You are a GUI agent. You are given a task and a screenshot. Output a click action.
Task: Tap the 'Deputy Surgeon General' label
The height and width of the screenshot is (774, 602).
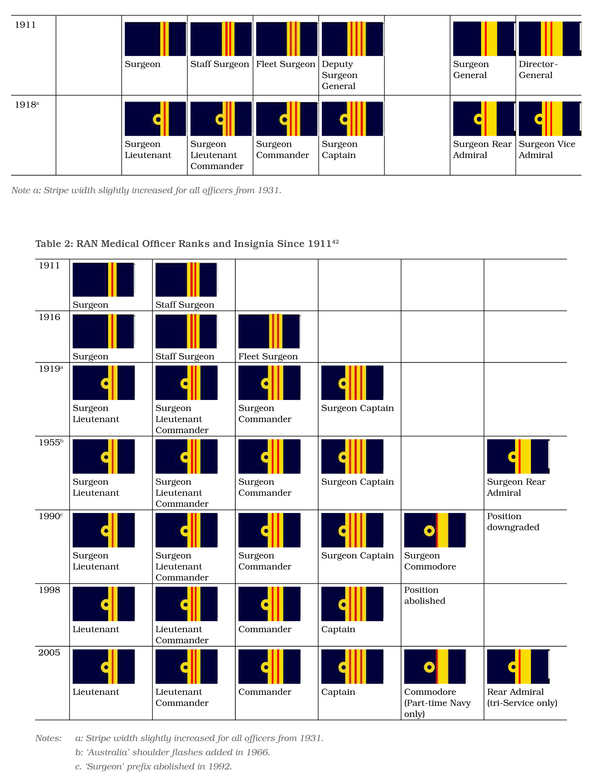tap(339, 75)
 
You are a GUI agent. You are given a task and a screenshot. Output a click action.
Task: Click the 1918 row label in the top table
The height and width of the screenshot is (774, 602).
tap(26, 105)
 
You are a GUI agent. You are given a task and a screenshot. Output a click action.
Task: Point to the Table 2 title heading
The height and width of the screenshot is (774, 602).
tap(187, 244)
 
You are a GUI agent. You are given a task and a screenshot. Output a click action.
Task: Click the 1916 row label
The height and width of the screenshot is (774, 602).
tap(49, 317)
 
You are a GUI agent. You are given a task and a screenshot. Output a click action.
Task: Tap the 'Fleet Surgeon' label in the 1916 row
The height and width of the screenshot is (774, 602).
tap(268, 356)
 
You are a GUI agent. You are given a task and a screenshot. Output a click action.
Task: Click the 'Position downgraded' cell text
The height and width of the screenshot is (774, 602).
tap(513, 522)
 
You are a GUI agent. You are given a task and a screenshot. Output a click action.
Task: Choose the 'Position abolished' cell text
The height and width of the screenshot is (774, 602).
tap(424, 595)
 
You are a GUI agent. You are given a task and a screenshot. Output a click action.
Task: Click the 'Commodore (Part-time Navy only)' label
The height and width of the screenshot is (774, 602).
tap(437, 703)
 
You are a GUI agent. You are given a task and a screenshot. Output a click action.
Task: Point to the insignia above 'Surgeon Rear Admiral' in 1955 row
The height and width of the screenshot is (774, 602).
tap(518, 456)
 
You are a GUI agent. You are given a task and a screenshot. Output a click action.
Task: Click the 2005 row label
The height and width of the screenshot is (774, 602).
tap(49, 652)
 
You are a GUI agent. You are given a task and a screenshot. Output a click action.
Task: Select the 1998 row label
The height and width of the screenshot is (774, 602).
tap(49, 590)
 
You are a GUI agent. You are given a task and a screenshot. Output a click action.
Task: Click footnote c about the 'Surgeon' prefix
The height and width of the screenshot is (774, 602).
tap(154, 766)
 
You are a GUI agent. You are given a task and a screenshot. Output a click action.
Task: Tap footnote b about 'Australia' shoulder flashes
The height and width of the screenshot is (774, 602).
tap(173, 752)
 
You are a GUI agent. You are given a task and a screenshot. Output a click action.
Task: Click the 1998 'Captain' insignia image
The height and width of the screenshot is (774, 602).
tap(352, 604)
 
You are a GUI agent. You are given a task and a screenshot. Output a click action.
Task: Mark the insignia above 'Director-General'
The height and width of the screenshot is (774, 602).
tap(550, 39)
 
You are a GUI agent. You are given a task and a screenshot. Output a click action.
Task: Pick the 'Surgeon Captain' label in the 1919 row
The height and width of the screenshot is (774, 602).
tap(357, 408)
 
